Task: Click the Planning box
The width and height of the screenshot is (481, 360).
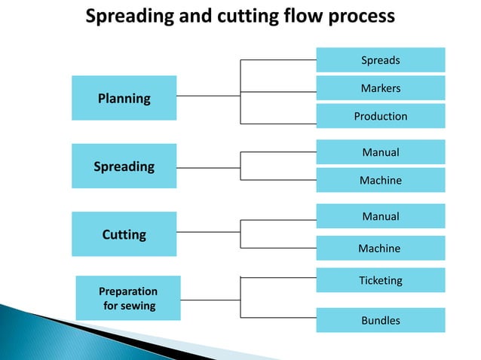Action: (124, 98)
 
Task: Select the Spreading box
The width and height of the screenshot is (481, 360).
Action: (124, 166)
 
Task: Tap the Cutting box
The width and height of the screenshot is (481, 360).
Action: (124, 234)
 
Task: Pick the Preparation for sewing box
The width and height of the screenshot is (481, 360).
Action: (128, 298)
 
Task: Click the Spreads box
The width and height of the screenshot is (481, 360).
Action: (380, 59)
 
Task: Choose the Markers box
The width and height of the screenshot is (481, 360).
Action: (380, 88)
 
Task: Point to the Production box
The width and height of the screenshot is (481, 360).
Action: (380, 116)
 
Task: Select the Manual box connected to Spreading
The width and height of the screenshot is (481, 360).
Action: (380, 152)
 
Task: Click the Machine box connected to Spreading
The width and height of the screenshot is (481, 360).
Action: (380, 180)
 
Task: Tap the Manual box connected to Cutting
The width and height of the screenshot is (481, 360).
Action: (380, 216)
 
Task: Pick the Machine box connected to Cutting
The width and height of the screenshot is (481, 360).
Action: (380, 248)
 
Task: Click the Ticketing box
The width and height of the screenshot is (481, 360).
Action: (380, 280)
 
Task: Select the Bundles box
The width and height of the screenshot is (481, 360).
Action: (380, 320)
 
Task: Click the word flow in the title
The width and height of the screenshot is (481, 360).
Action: (305, 16)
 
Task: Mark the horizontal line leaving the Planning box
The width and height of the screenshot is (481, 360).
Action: (208, 96)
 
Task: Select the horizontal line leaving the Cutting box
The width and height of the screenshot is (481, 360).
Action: (208, 232)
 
